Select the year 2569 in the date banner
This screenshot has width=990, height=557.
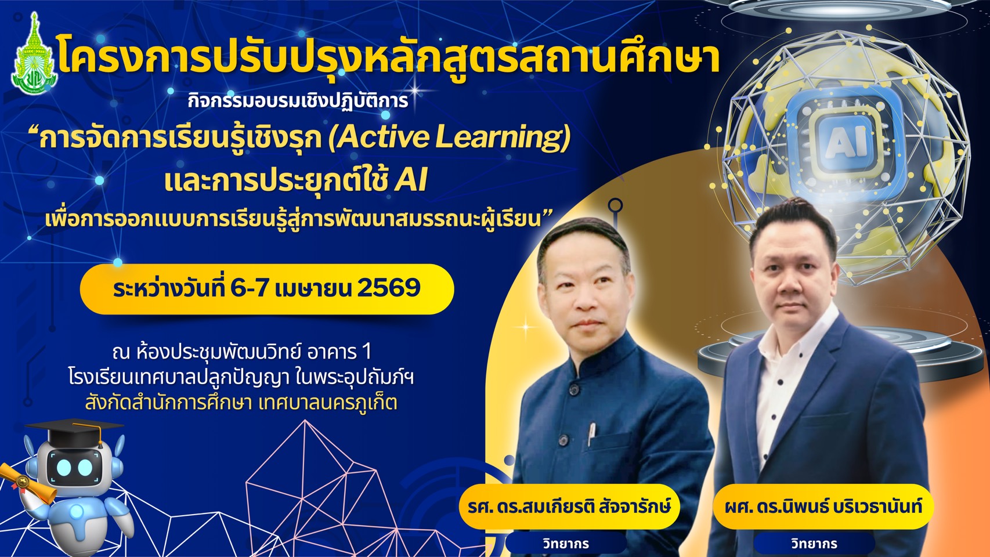coord(388,288)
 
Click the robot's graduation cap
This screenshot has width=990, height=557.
coord(73,432)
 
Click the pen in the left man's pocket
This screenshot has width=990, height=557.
coord(591,433)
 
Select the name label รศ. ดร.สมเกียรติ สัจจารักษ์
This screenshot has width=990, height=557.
coord(569,506)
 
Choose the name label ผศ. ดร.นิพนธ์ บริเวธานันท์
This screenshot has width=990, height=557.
coord(823,507)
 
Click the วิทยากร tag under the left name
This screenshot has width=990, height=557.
coord(566,543)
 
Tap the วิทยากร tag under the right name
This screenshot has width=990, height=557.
coord(814,543)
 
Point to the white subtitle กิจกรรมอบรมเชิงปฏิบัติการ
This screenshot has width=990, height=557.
coord(298,101)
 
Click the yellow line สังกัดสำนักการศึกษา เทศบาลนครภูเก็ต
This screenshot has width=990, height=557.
coord(241,402)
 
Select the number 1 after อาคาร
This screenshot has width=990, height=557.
coord(366,352)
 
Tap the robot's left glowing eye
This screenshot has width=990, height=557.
coord(64,468)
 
